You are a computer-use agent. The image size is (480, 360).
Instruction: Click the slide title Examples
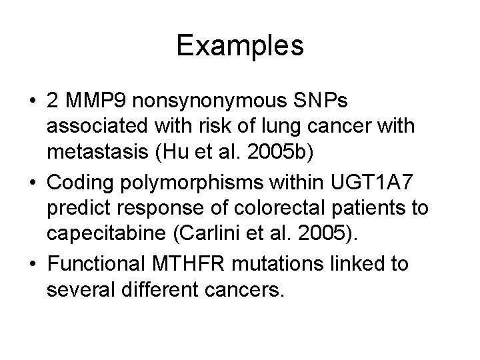point(240,46)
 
